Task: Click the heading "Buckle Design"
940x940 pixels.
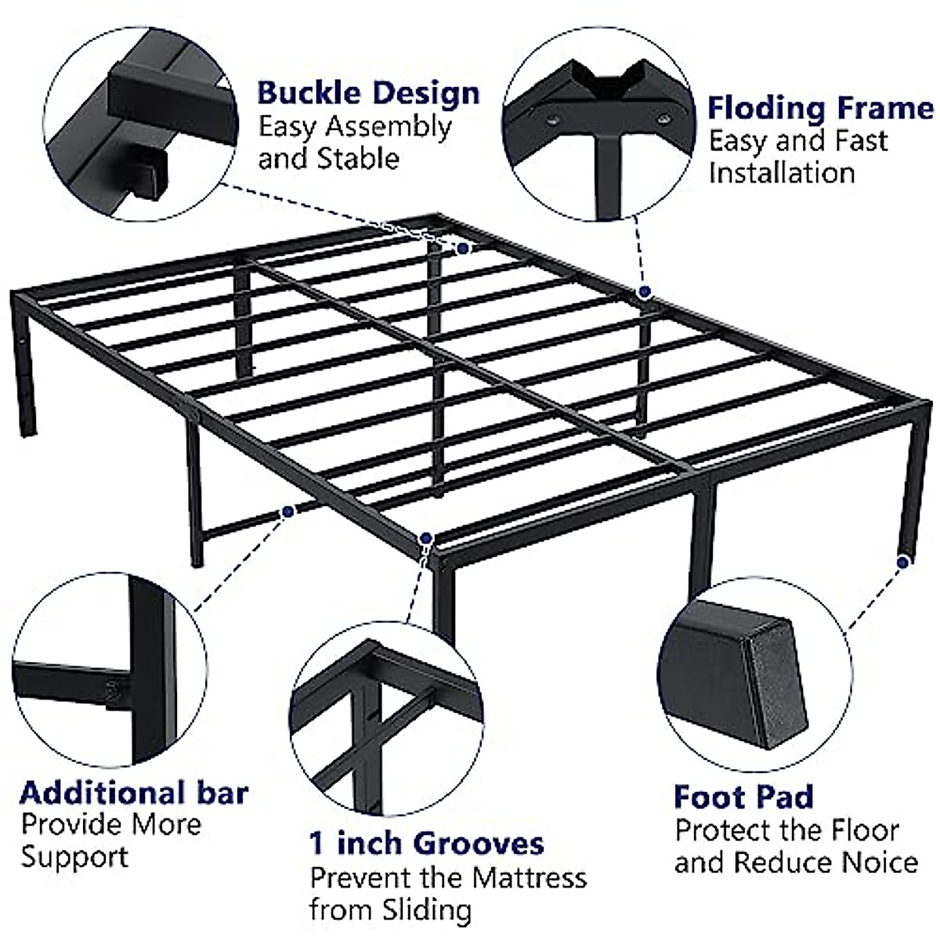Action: [368, 92]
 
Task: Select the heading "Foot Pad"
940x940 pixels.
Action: [743, 797]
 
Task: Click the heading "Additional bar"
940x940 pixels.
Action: [134, 792]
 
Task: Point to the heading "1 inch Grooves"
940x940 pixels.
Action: [426, 843]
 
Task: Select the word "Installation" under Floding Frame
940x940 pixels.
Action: [781, 173]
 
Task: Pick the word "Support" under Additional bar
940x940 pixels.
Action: [74, 856]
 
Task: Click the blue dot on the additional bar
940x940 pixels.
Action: [288, 512]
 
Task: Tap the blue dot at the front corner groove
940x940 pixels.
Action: [426, 538]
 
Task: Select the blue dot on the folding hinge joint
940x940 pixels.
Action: [645, 292]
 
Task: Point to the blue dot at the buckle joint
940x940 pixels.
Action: [463, 248]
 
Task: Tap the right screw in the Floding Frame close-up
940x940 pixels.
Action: [663, 119]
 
